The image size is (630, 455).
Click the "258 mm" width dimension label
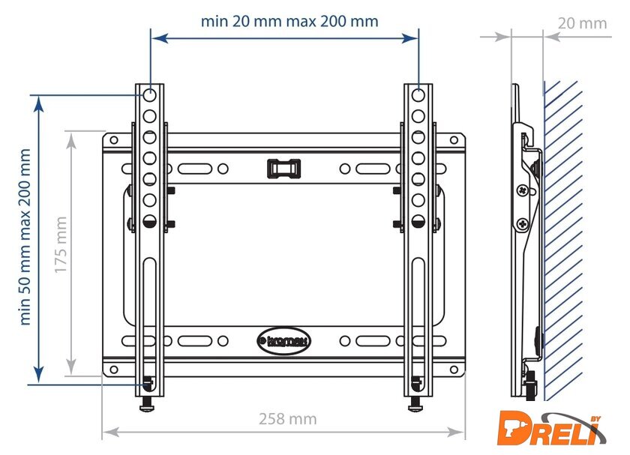(x=288, y=419)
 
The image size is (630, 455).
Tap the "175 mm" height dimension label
(x=60, y=244)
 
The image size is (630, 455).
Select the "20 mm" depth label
(x=582, y=23)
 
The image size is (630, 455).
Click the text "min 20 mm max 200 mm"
(x=289, y=21)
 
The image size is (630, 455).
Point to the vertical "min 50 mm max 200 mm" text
(x=25, y=237)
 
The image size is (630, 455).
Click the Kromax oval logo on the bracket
(x=283, y=341)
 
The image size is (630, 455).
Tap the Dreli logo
(x=552, y=428)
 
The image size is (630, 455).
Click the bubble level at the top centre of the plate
(x=283, y=168)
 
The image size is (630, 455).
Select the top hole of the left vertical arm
(x=149, y=96)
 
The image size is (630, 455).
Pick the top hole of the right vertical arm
(x=418, y=96)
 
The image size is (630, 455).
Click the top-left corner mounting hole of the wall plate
(x=114, y=140)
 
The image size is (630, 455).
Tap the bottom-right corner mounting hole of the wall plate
(x=454, y=370)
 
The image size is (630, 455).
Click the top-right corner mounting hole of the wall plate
(x=454, y=140)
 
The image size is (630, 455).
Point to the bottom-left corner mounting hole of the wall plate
(x=114, y=370)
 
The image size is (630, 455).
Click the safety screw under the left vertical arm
(x=147, y=404)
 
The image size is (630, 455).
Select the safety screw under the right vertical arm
(x=415, y=404)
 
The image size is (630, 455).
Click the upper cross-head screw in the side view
(x=522, y=190)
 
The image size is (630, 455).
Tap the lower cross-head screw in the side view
(x=523, y=223)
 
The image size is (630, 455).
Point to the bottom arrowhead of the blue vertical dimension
(x=38, y=375)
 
